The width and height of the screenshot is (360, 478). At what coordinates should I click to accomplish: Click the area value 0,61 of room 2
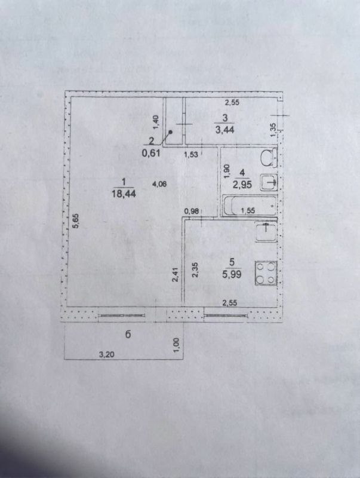tap(150, 152)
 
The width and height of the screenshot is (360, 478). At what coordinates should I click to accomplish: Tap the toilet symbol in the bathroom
tap(268, 158)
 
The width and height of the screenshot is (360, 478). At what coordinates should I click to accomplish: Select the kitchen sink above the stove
tap(265, 231)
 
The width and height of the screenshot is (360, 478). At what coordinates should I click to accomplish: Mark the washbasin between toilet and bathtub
tap(270, 182)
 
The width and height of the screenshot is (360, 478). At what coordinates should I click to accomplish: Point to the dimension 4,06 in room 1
tap(159, 185)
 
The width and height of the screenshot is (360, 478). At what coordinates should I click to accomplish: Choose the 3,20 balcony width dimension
tap(106, 355)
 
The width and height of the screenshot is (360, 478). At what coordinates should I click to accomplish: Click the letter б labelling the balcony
tap(128, 335)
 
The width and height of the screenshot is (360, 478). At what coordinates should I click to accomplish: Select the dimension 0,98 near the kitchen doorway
tap(191, 210)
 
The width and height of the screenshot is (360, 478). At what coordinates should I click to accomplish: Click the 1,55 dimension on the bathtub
tap(247, 210)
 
